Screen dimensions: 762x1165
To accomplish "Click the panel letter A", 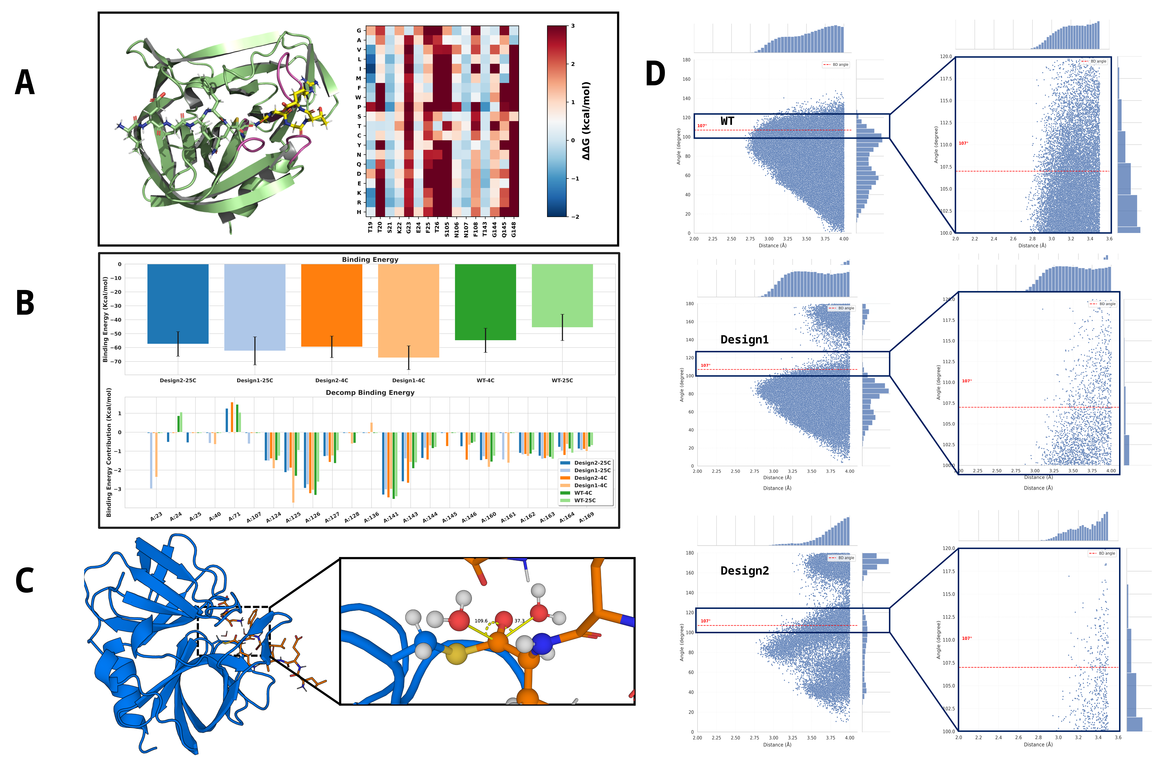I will [25, 82].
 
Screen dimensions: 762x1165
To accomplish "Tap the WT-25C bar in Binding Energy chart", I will [562, 295].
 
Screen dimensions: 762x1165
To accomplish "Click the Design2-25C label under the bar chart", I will [178, 380].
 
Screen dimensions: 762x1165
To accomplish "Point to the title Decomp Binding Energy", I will [370, 393].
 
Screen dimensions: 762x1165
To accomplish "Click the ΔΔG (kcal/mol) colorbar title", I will [586, 121].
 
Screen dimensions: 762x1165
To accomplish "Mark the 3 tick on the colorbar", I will [573, 26].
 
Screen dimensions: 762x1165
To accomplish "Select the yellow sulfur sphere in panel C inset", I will [457, 654].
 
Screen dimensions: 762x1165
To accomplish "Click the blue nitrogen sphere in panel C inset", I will [542, 644].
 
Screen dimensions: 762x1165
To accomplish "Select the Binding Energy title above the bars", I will [370, 259].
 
